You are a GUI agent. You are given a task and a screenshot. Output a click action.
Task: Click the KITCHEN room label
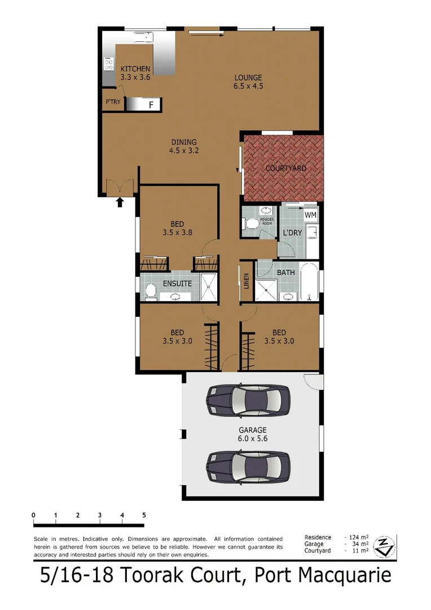coord(135,69)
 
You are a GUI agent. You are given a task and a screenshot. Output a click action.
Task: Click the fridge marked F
coord(151,104)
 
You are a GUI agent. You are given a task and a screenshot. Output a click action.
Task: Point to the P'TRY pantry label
coord(113,103)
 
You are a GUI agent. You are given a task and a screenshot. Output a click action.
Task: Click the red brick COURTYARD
coord(285,168)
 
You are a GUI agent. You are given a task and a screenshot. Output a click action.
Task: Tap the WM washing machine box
coord(310,215)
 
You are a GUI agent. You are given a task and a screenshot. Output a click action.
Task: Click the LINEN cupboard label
coord(247,281)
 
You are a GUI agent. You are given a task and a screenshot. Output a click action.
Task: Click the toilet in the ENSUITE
coord(151,291)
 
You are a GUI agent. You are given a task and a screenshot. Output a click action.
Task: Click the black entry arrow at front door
coord(120,202)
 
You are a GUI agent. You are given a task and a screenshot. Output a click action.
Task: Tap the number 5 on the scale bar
coord(144,515)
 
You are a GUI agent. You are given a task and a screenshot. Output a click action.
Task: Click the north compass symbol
coord(385,546)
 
